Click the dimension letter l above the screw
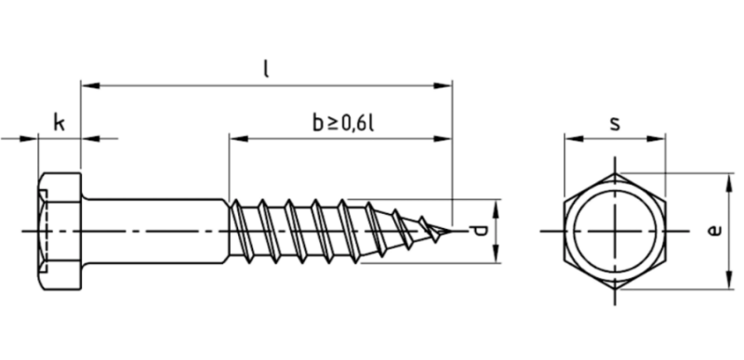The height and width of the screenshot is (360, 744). tap(266, 69)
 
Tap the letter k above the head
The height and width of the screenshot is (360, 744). tap(59, 124)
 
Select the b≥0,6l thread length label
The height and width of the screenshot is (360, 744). tap(343, 124)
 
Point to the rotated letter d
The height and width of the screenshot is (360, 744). tap(480, 231)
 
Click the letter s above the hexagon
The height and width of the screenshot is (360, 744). tap(615, 124)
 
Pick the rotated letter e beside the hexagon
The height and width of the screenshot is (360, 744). tap(714, 231)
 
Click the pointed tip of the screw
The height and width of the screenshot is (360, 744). tap(451, 231)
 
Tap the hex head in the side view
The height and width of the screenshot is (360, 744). tap(60, 231)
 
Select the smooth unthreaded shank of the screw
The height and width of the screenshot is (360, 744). tap(155, 231)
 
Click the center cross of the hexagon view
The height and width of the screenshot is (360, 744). tap(615, 231)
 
